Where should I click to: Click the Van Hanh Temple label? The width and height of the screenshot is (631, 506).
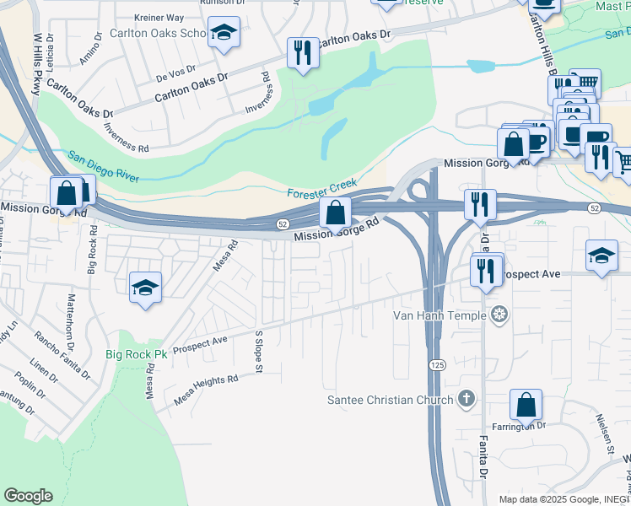pos(440,315)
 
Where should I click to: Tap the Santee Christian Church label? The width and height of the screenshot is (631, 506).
pos(391,399)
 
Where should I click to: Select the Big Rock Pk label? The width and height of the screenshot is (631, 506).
pos(138,354)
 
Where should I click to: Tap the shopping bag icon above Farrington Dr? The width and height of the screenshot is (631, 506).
pos(526,405)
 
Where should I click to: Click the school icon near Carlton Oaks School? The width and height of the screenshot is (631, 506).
pos(224,34)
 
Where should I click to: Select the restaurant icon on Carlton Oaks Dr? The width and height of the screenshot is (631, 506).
pos(302,52)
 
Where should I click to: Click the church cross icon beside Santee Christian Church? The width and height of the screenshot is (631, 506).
pos(466,399)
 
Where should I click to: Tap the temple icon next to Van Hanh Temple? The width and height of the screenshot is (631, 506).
pos(500,315)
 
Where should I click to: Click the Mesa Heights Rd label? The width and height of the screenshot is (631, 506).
pos(206,388)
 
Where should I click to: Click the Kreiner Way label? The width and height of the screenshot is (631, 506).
pos(159,17)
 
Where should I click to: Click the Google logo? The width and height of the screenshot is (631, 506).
pos(28,496)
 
